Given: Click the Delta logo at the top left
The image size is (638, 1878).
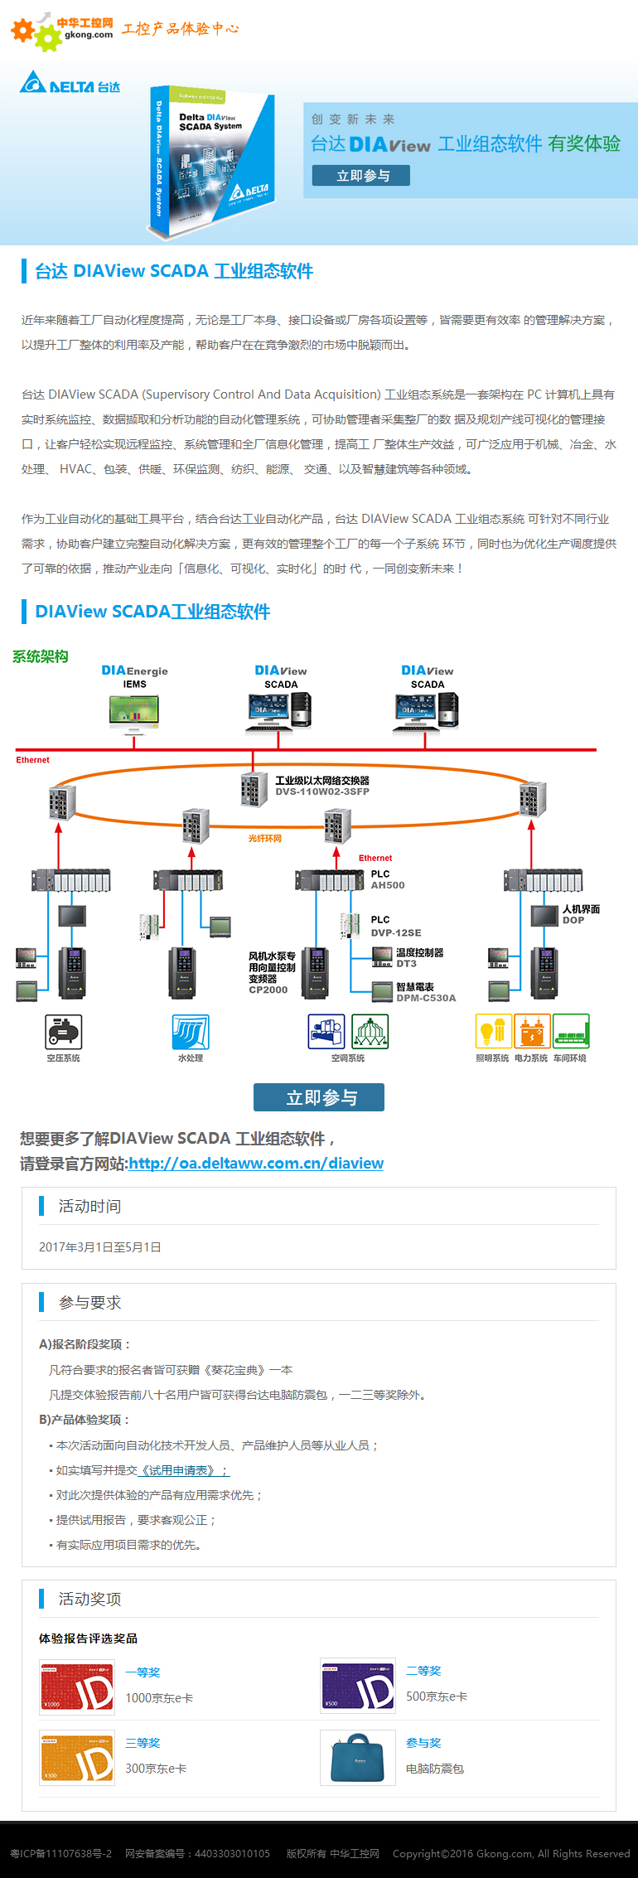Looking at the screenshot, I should tap(70, 84).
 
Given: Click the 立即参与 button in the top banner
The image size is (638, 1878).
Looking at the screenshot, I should tap(360, 176).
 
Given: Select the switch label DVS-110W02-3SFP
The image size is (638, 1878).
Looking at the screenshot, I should tap(322, 791).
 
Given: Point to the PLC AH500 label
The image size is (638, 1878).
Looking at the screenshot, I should tap(387, 880).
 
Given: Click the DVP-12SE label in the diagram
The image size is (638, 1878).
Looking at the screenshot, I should tap(395, 932).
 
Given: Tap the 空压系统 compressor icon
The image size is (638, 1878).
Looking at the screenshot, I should tap(64, 1032).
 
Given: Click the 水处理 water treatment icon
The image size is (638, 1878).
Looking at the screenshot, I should tap(191, 1032).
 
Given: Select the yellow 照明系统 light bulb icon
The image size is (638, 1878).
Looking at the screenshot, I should tap(492, 1032).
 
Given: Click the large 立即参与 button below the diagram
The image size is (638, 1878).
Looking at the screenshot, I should tap(319, 1097).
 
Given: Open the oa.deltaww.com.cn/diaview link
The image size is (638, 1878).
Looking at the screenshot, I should tap(256, 1164).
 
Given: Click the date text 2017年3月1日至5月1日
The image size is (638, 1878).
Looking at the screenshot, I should tap(100, 1247).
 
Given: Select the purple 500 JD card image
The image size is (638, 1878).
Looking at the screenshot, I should tap(358, 1687).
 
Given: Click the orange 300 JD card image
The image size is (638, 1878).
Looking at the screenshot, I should tap(77, 1758).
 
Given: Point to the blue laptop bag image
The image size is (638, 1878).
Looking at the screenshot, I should tap(358, 1758).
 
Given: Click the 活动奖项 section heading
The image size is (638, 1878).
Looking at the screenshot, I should tap(89, 1600).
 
